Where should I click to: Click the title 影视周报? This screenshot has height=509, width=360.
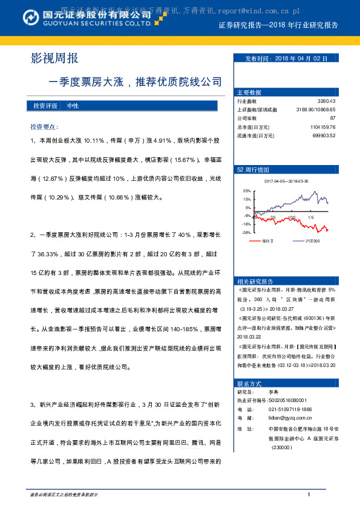click(55, 59)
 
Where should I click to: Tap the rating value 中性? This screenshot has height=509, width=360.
click(73, 106)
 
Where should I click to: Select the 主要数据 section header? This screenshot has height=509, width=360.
click(249, 92)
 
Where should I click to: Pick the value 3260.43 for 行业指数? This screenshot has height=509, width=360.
click(326, 102)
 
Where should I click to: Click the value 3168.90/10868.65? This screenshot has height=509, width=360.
click(312, 110)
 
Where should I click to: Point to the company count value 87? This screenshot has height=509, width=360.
click(332, 118)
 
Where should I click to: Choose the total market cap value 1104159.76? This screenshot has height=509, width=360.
click(318, 127)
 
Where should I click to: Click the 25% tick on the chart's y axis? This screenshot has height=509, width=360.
click(247, 190)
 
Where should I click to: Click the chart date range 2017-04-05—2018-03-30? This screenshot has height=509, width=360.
click(286, 181)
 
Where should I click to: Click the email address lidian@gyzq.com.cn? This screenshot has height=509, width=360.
click(286, 417)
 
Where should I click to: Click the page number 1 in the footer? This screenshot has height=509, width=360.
click(309, 494)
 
